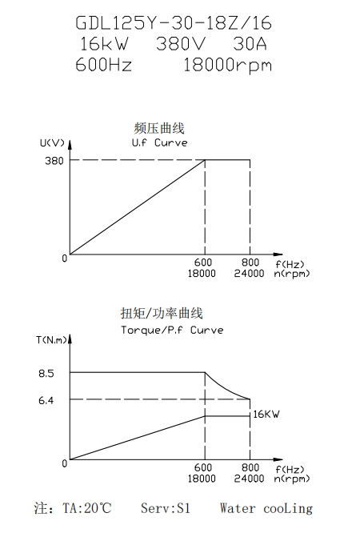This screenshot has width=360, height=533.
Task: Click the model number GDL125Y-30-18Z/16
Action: [174, 23]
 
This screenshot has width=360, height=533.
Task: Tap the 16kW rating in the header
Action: [104, 44]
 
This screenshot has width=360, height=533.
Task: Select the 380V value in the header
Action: [181, 44]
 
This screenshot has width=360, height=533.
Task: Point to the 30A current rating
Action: [250, 44]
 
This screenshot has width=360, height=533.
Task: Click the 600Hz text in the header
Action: [103, 64]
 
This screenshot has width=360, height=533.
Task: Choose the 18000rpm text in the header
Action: [228, 66]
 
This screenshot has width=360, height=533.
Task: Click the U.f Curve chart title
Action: [159, 142]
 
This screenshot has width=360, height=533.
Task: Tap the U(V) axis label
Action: [52, 142]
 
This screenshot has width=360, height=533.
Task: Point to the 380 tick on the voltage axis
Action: [54, 160]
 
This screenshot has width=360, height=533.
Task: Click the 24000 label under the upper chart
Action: [249, 273]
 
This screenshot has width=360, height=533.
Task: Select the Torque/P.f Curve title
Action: [172, 330]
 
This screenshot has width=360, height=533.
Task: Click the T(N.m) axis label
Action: [52, 340]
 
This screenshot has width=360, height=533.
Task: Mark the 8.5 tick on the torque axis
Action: [46, 374]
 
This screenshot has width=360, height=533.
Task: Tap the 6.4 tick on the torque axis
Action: [46, 400]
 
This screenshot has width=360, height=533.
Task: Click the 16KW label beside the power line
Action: [266, 414]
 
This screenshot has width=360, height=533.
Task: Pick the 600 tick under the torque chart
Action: [203, 467]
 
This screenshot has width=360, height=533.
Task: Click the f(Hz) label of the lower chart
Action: [290, 470]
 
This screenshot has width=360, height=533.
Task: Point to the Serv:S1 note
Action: [166, 508]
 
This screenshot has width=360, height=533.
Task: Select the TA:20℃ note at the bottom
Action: [87, 508]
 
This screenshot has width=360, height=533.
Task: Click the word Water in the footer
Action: [238, 508]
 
